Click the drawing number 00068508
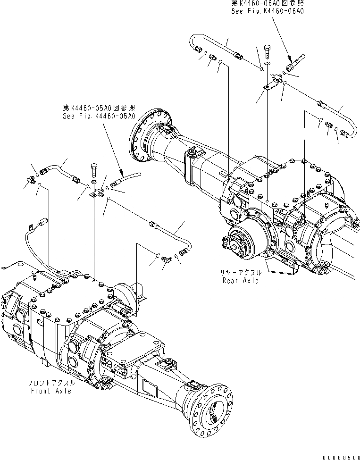tap(340, 457)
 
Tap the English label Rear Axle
tap(241, 281)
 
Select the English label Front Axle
tap(52, 391)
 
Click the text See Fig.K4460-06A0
tap(267, 10)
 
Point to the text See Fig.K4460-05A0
tap(99, 116)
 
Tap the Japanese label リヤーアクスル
tap(241, 273)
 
